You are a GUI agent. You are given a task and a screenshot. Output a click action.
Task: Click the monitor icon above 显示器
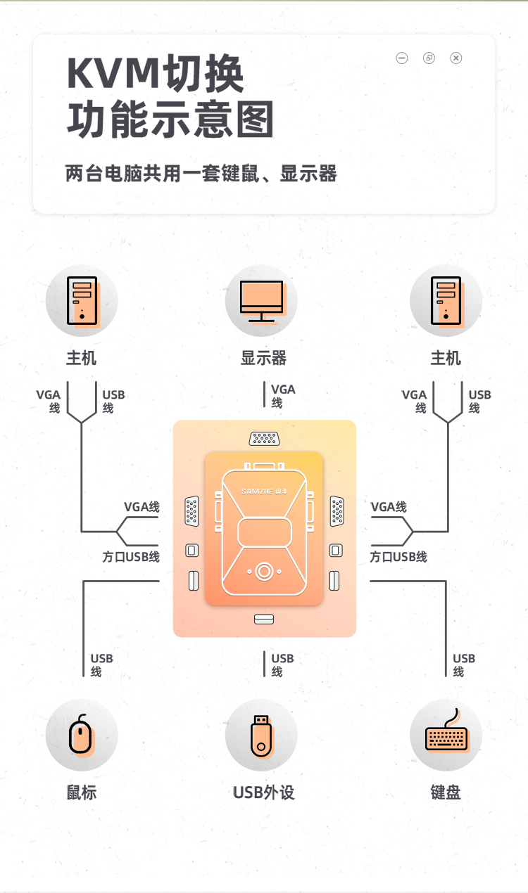261,301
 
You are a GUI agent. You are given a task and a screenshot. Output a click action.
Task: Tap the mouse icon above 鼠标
81,735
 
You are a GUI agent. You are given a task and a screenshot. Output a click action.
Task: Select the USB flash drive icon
261,735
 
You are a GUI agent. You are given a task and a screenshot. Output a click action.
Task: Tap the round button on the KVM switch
263,571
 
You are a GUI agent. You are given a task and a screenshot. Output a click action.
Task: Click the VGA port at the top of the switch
263,439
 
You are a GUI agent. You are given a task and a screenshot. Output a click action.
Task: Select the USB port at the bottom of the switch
263,619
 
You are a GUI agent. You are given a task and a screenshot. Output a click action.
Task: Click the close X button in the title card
456,58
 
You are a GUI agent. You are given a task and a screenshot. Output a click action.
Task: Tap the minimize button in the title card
402,58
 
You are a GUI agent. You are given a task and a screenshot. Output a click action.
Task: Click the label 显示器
263,359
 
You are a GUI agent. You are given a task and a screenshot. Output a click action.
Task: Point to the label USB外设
263,792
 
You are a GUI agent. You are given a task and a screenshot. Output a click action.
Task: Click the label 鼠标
82,792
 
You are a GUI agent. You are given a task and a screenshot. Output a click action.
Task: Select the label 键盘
446,792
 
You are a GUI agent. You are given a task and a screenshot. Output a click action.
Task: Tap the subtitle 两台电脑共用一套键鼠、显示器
201,173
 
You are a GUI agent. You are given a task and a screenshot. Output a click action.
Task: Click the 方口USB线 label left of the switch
131,557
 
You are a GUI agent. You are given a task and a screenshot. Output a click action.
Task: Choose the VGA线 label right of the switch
389,507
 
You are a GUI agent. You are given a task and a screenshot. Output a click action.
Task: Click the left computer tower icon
82,301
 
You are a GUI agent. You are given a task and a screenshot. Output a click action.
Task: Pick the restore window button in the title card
429,58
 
